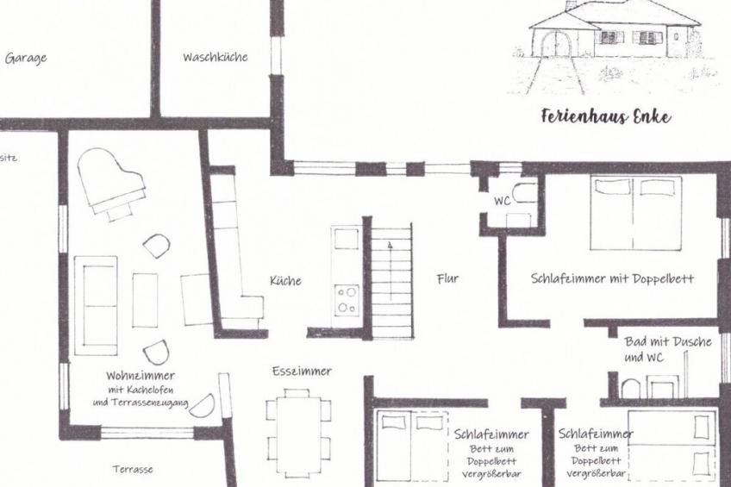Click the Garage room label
26,59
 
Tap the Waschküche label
216,58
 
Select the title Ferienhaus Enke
606,116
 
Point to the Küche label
285,280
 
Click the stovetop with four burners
347,300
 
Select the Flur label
447,278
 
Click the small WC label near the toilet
502,201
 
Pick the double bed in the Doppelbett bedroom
636,213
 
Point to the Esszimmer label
302,371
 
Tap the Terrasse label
133,469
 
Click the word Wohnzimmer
141,376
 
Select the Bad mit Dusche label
668,341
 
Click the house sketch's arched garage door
556,44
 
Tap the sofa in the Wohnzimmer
96,306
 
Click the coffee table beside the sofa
145,300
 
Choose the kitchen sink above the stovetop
347,239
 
